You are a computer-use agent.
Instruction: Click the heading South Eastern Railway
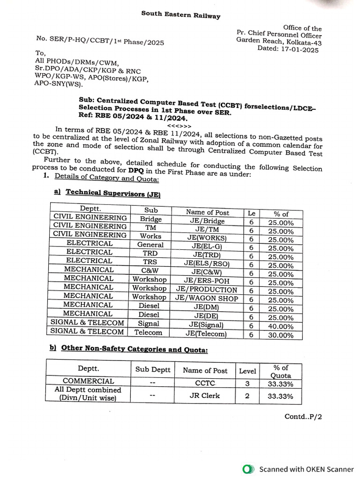[180, 15]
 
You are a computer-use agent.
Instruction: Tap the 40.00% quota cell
[281, 326]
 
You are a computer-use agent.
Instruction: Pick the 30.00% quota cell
[281, 335]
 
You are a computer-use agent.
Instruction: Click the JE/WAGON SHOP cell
[207, 299]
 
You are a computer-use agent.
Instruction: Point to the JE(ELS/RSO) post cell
[207, 263]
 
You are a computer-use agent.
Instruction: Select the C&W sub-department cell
[150, 271]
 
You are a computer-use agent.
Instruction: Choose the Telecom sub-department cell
[148, 333]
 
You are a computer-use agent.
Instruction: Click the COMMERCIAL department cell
[88, 381]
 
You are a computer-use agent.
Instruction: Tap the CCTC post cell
[204, 383]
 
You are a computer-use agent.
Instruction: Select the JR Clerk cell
[204, 396]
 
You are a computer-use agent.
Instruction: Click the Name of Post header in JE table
[207, 212]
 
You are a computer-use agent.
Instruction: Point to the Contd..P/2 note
[303, 416]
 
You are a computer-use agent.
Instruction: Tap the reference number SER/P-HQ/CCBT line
[100, 41]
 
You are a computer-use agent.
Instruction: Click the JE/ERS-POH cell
[207, 281]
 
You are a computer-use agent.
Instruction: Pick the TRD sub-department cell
[150, 253]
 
